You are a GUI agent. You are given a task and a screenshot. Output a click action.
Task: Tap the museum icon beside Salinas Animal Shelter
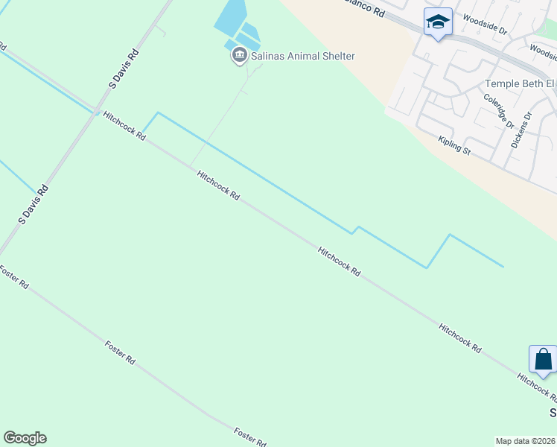pos(239,55)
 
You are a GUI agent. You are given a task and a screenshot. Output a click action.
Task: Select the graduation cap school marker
pos(438,22)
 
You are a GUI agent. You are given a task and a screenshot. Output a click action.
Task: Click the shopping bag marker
pos(544,359)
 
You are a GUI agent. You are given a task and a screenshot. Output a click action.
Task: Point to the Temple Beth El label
pos(520,84)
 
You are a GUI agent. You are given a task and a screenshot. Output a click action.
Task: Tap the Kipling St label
pos(454,145)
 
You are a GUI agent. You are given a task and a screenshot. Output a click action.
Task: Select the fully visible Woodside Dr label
pos(484,27)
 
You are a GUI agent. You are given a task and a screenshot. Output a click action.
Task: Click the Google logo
pos(25,438)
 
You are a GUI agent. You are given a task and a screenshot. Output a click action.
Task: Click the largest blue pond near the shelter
pos(230,16)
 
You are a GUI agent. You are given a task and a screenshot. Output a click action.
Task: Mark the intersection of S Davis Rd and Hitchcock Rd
pos(96,112)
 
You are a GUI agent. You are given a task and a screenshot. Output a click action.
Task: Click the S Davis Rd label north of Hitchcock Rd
pos(124,71)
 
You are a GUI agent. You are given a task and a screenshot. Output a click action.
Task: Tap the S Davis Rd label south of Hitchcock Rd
pos(34,206)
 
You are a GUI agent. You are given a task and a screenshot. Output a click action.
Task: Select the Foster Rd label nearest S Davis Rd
pos(15,278)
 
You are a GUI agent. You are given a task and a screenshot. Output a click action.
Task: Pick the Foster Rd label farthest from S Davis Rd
pos(250,437)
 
